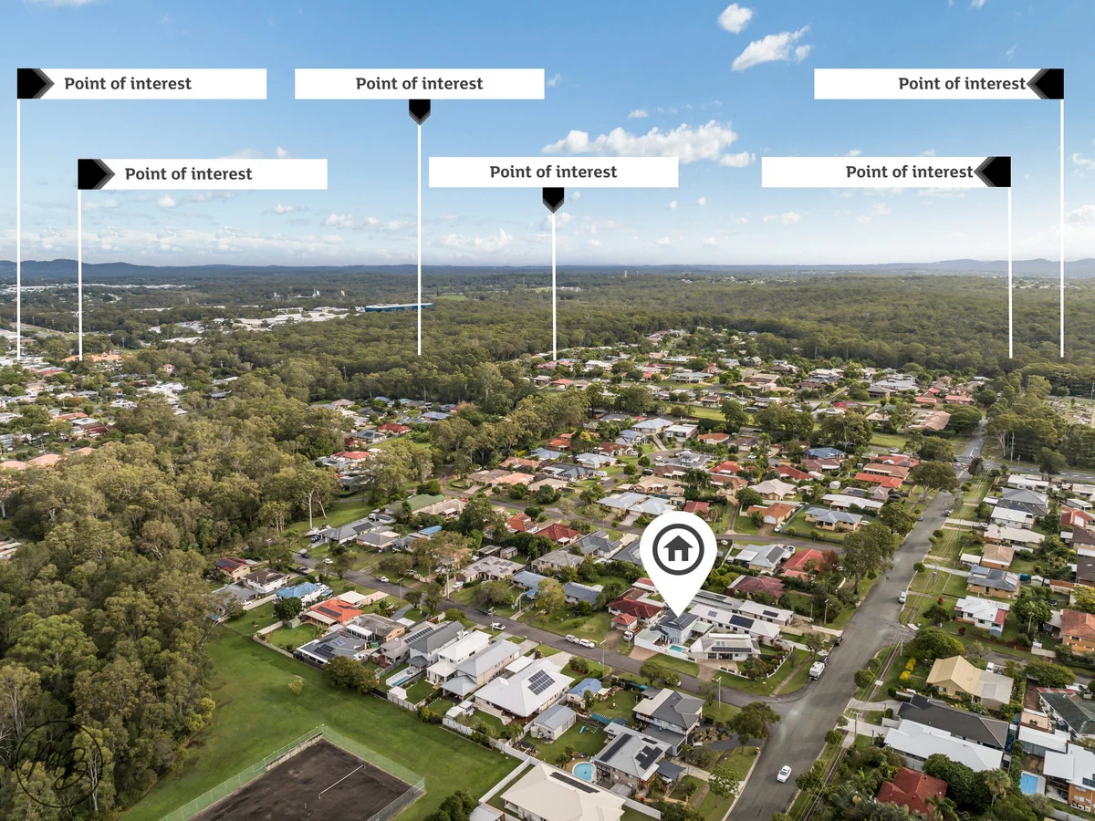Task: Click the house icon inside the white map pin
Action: click(x=678, y=549)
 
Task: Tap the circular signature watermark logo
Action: click(x=59, y=764)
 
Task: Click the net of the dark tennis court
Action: click(x=340, y=780)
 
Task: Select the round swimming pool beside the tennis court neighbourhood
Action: click(x=583, y=771)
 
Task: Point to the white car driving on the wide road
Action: click(x=784, y=774)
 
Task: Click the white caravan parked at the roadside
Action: click(x=817, y=670)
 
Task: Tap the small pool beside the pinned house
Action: click(x=676, y=649)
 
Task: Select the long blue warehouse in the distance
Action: click(x=398, y=307)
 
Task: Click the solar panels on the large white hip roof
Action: click(x=541, y=681)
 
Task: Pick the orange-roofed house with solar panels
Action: click(x=333, y=612)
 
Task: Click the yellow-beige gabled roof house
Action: click(x=969, y=681)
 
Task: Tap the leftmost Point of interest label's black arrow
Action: click(x=35, y=84)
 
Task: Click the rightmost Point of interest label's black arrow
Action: click(x=1046, y=84)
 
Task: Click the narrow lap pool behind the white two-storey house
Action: click(x=399, y=680)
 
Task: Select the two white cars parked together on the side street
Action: click(x=579, y=640)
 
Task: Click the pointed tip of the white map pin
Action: click(x=678, y=616)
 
